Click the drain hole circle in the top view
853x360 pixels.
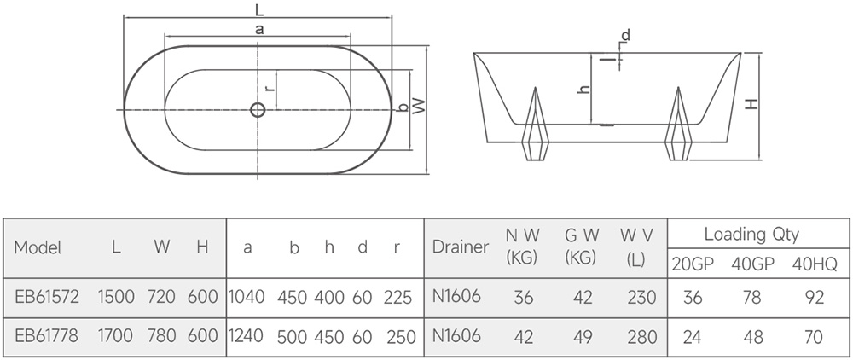point(258,110)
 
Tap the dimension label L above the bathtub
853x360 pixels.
point(259,9)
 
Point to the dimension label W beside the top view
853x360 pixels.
point(418,106)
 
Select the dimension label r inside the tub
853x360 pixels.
point(269,89)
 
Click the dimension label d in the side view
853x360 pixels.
point(625,36)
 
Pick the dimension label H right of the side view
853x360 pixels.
point(751,104)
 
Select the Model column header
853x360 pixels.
point(38,247)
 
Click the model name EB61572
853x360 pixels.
point(47,297)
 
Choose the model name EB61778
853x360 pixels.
point(47,335)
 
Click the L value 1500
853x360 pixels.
point(116,297)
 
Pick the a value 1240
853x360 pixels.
point(246,335)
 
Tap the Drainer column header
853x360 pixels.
point(461,247)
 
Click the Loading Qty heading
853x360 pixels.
point(751,235)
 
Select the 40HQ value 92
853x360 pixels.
point(814,298)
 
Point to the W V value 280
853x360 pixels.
point(642,337)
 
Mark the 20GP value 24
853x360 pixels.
point(692,337)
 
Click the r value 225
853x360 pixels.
point(397,298)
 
